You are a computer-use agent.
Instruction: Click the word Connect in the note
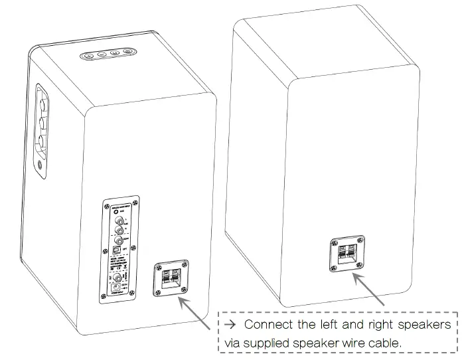tap(268, 325)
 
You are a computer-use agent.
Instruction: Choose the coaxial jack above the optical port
tap(120, 240)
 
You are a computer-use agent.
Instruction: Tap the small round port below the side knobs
tap(43, 161)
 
